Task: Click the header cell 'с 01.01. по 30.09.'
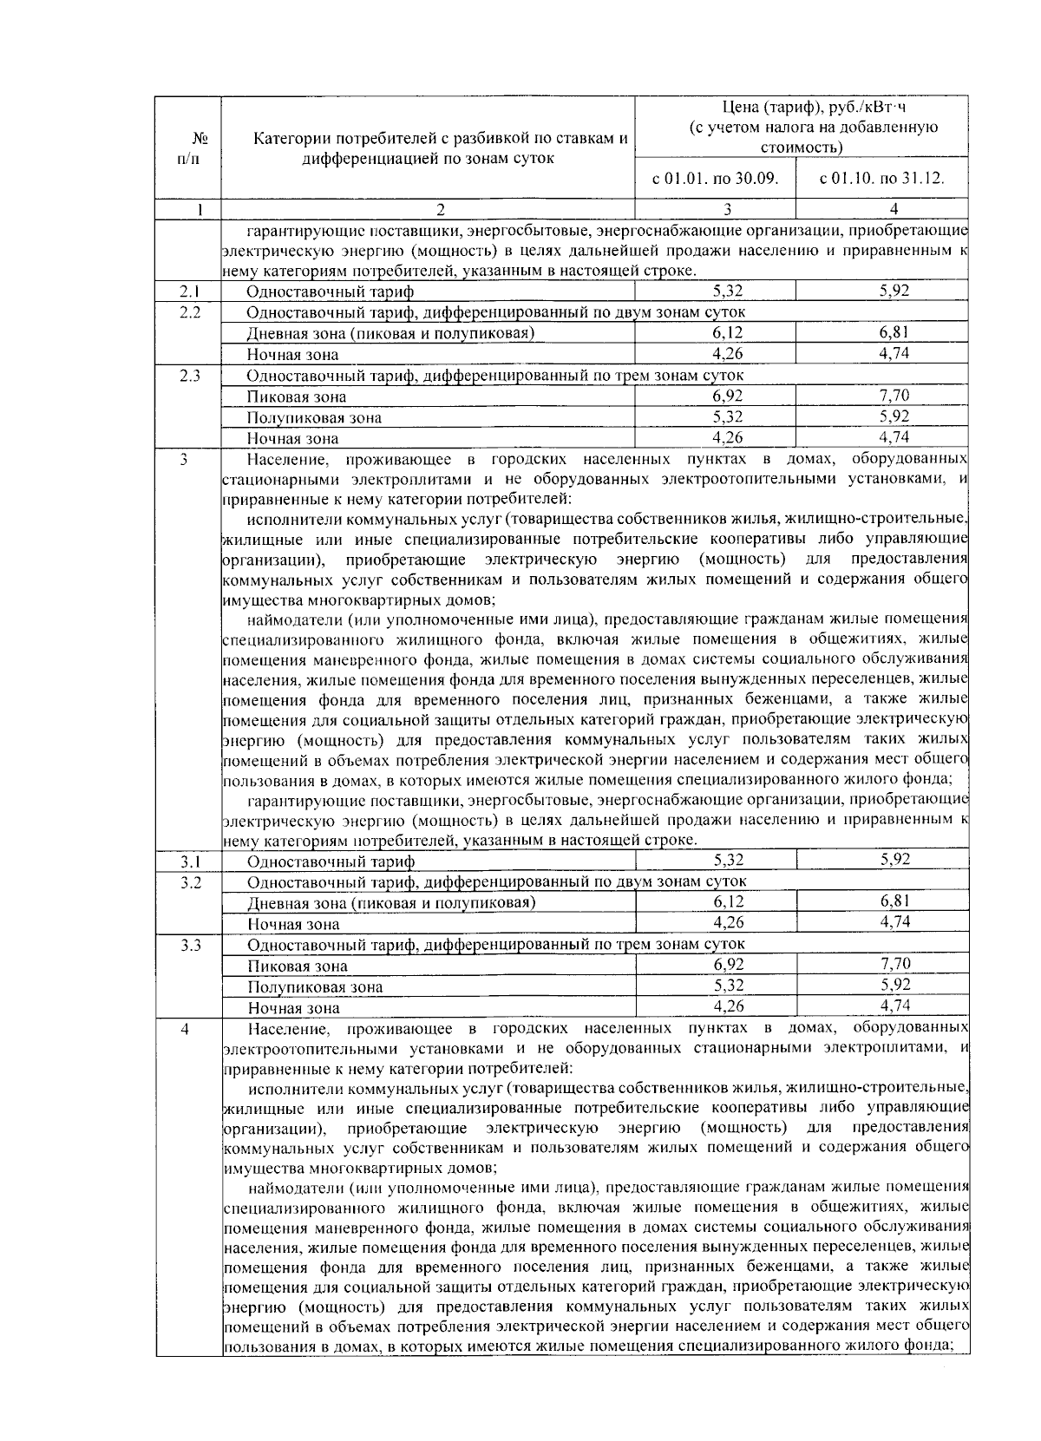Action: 715,180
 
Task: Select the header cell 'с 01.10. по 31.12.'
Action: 881,180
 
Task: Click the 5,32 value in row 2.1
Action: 727,291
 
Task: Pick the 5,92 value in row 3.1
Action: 894,860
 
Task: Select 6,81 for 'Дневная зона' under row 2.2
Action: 894,332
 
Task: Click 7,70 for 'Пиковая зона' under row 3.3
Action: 894,964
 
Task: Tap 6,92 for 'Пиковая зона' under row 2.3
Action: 727,396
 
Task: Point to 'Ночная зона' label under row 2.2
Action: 292,355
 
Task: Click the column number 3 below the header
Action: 727,209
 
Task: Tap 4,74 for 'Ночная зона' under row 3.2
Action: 894,922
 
